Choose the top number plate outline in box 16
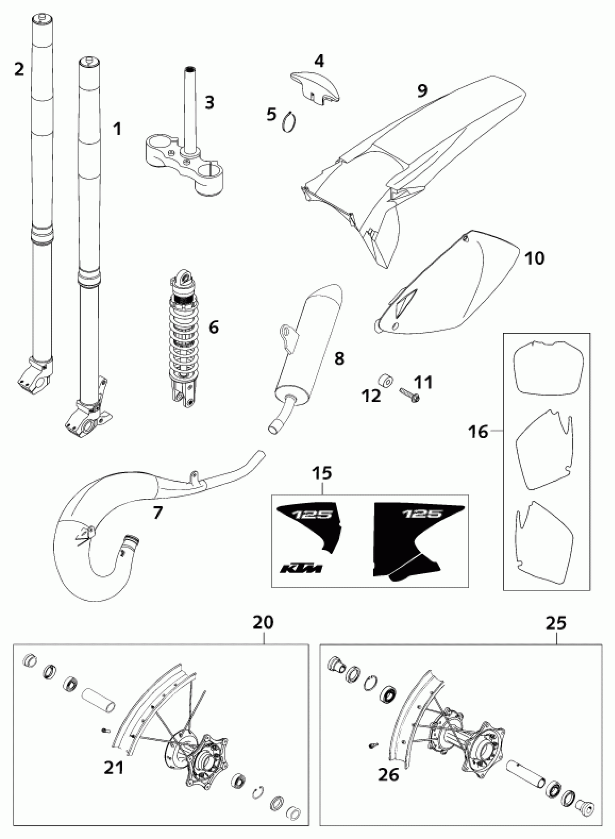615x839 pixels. pyautogui.click(x=548, y=369)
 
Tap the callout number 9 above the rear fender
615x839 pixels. pyautogui.click(x=422, y=91)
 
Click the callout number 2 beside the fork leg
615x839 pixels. pyautogui.click(x=18, y=68)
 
